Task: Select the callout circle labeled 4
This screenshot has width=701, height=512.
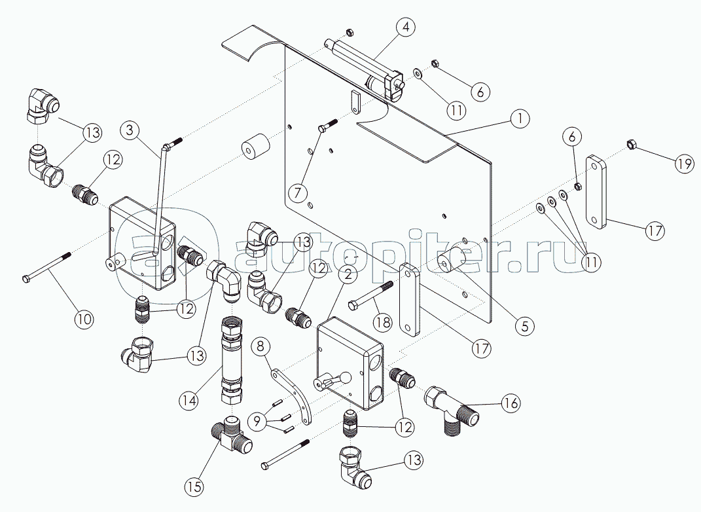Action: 406,27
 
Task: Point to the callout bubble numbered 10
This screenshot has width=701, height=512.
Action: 84,319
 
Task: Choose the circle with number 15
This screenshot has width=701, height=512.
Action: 194,486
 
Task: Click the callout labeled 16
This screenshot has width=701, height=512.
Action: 511,403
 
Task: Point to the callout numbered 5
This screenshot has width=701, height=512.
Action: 524,324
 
